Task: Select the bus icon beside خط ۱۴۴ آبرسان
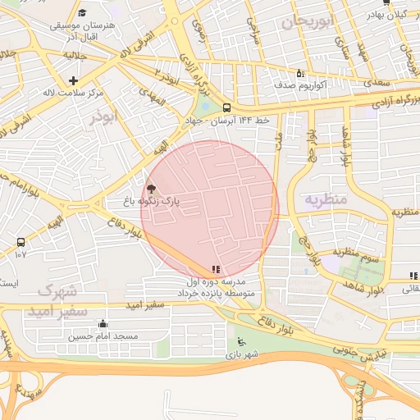tap(226, 107)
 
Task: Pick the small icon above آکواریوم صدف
tap(299, 72)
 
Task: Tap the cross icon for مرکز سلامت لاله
tap(74, 80)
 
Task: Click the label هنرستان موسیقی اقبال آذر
tap(82, 32)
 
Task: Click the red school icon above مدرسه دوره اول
tap(216, 269)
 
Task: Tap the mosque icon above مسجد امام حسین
tap(102, 323)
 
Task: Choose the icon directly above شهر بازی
tap(240, 342)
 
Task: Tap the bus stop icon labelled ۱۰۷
tap(21, 242)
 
